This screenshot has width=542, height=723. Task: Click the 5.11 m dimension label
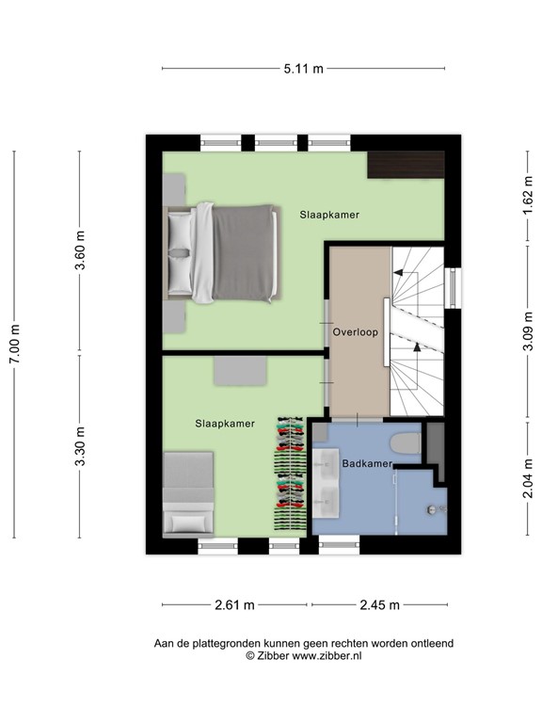point(304,68)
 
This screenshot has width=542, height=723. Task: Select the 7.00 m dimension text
point(14,345)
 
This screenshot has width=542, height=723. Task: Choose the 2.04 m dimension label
point(528,478)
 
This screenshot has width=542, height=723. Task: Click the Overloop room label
point(355,332)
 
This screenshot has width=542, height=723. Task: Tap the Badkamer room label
point(366,463)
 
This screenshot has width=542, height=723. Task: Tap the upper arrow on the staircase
point(406,273)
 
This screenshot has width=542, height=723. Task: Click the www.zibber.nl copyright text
point(303,656)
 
